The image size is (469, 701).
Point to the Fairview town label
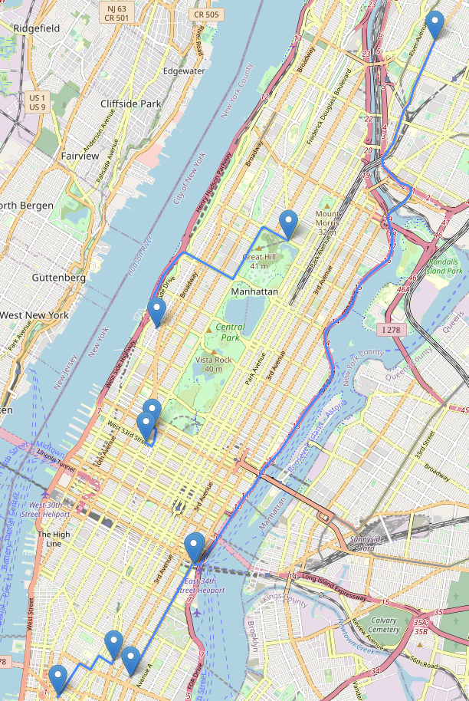coord(80,156)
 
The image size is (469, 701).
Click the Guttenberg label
coord(58,278)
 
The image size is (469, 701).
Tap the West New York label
coord(34,315)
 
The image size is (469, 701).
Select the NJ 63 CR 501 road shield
coord(116,12)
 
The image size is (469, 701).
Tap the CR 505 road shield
coord(205,14)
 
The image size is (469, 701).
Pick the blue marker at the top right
coord(435,25)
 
